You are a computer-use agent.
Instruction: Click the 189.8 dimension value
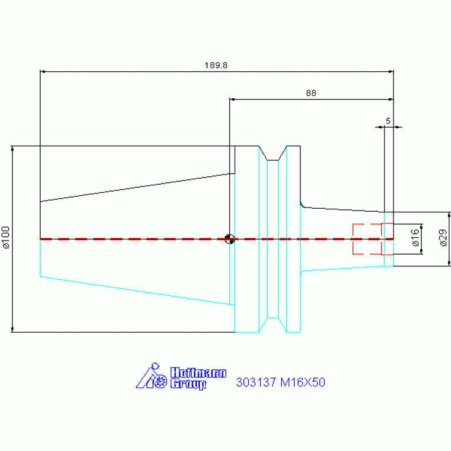tap(216, 65)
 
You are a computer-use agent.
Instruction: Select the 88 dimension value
tap(311, 93)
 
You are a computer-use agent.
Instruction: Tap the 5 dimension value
tap(388, 121)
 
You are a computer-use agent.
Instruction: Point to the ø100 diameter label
tap(6, 238)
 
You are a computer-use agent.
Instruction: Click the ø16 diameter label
tap(416, 238)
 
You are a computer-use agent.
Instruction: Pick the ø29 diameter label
tap(443, 238)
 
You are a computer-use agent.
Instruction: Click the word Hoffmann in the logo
tap(199, 372)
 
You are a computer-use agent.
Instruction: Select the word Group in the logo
tap(188, 384)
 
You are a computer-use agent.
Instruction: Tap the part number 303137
tap(256, 382)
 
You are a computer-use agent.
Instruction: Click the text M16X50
tap(303, 382)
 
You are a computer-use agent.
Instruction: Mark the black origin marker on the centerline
tap(229, 239)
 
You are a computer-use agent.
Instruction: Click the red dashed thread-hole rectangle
tap(373, 239)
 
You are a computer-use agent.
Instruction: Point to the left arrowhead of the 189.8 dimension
tap(42, 71)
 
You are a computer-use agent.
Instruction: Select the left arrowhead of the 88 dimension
tap(232, 99)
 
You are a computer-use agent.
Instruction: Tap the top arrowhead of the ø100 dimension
tap(12, 148)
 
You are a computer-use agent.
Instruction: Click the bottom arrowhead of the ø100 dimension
tap(12, 330)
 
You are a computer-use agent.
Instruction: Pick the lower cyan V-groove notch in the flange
tap(273, 325)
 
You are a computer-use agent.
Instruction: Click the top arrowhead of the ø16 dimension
tap(422, 226)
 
